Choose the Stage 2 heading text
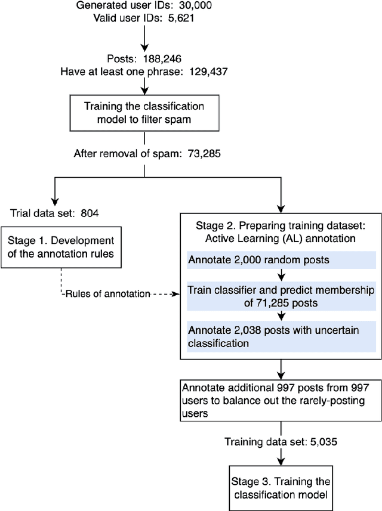pyautogui.click(x=281, y=227)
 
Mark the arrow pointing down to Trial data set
pyautogui.click(x=55, y=190)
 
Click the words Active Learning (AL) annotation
pyautogui.click(x=281, y=239)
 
